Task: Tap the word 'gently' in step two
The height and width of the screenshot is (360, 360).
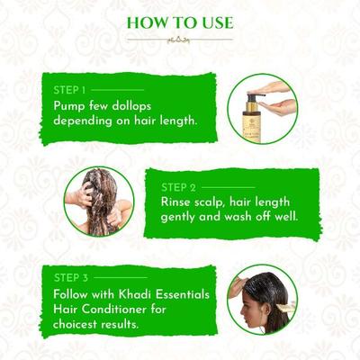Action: [184, 218]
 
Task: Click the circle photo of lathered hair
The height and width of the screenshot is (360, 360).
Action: [99, 201]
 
